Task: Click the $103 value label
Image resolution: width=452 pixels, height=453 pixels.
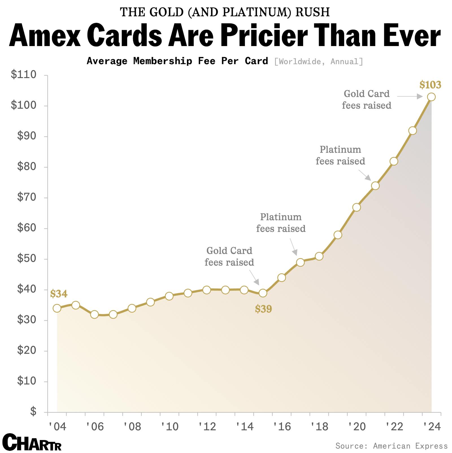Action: point(430,85)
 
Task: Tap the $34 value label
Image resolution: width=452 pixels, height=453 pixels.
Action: point(59,294)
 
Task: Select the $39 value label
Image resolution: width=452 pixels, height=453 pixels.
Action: point(263,309)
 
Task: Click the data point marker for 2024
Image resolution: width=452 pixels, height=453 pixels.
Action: point(431,97)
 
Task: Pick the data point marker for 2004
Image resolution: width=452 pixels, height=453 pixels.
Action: point(57,308)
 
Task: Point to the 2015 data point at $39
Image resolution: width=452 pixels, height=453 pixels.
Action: point(263,293)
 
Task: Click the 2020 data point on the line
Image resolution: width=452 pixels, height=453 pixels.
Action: point(357,207)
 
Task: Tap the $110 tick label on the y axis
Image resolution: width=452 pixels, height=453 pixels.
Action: point(24,75)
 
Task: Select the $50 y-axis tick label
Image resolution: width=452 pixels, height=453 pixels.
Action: point(27,259)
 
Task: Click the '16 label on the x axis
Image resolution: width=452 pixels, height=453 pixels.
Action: point(282,427)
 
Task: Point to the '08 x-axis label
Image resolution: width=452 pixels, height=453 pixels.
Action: point(132,427)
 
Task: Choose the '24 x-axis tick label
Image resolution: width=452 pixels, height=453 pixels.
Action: point(432,427)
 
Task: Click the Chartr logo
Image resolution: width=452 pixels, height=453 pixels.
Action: point(32,443)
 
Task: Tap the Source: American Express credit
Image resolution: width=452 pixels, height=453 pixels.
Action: point(391,446)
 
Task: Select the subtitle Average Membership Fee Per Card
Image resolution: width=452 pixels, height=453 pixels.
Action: point(177,61)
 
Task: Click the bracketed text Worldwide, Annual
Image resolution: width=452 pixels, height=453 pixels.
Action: point(318,62)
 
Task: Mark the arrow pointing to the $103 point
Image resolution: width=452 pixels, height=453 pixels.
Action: point(410,97)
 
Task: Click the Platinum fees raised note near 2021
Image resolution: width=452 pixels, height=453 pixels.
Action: point(340,155)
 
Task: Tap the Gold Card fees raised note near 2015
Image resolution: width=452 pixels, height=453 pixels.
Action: point(229,256)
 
